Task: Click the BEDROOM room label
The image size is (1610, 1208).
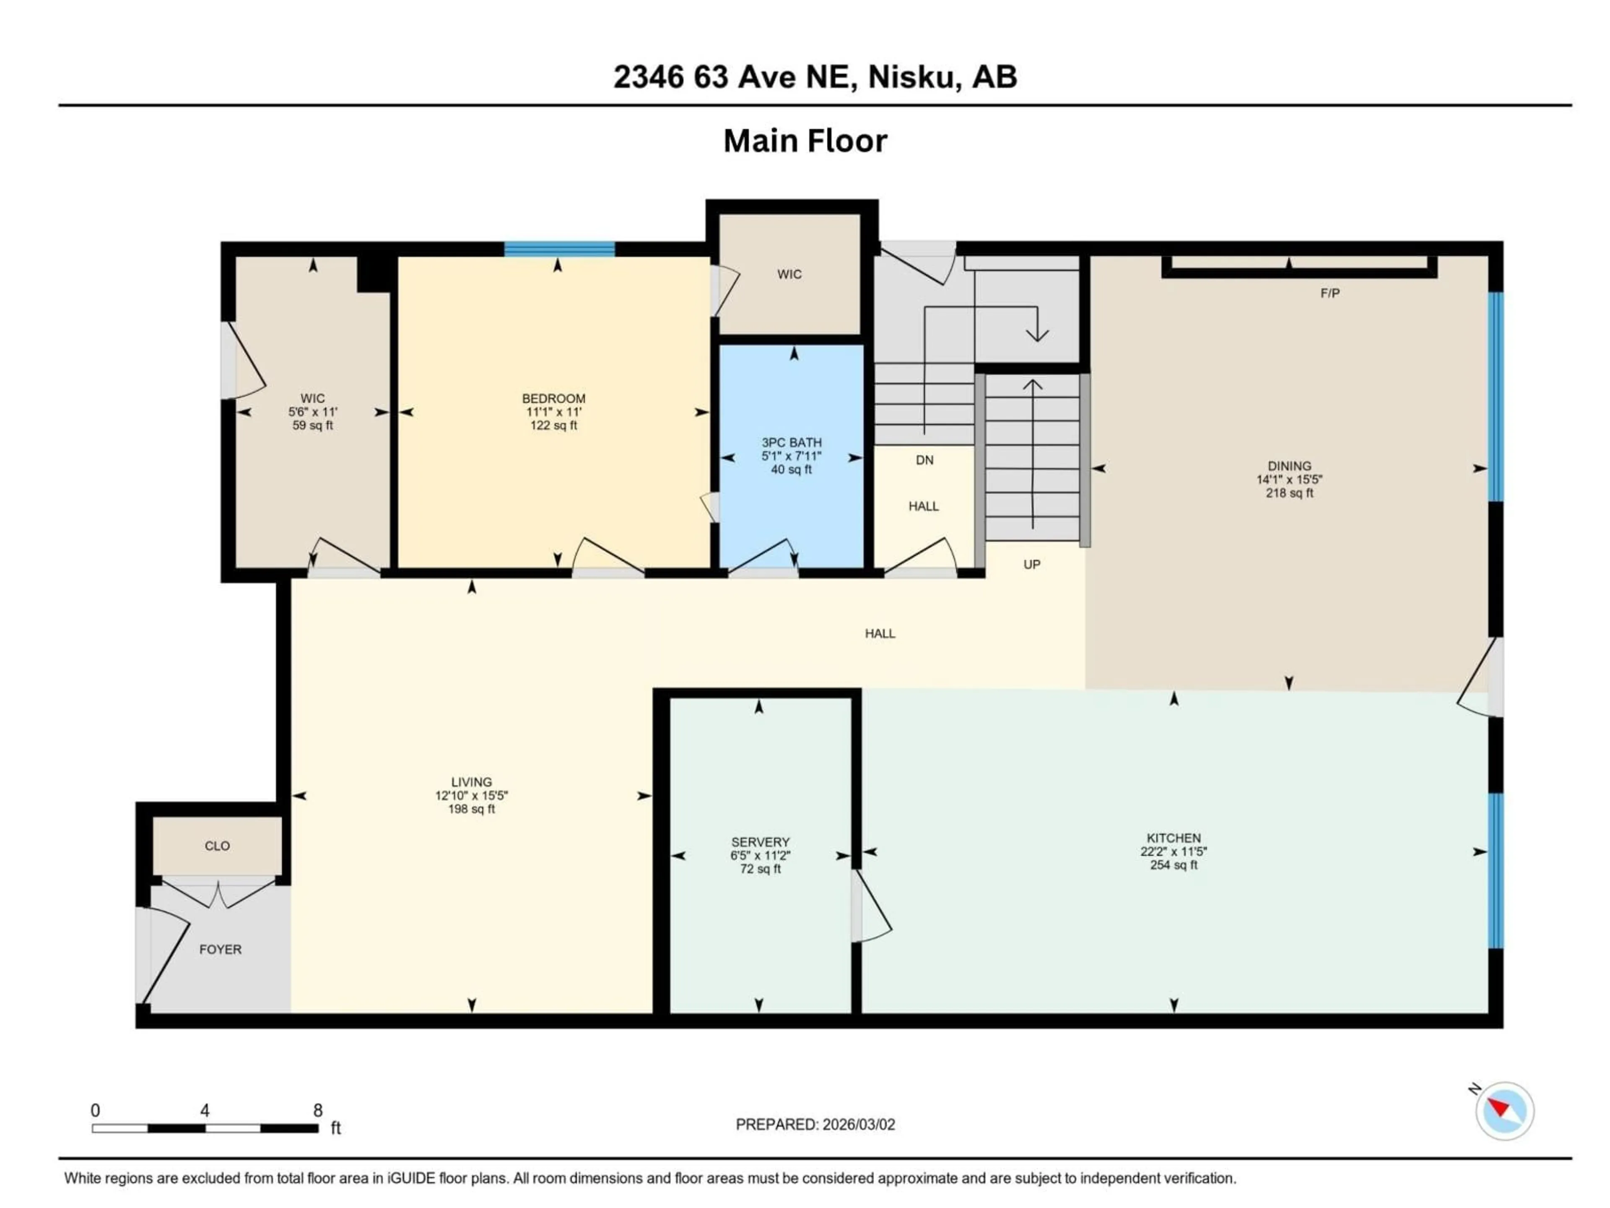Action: [x=553, y=398]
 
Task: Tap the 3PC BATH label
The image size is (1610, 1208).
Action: [x=791, y=442]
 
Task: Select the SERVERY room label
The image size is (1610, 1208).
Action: [x=760, y=842]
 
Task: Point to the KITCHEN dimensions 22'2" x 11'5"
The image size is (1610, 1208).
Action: [x=1173, y=851]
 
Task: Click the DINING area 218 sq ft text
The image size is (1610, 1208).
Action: [x=1289, y=493]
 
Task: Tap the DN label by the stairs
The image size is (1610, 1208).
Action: [x=924, y=460]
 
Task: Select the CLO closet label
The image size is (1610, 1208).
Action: [x=217, y=846]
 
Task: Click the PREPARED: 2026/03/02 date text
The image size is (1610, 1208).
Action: [x=815, y=1124]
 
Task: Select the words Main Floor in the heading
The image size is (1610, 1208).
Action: [x=805, y=141]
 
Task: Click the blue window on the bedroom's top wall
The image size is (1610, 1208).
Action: [x=559, y=250]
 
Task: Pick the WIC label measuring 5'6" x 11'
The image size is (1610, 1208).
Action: [x=312, y=398]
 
